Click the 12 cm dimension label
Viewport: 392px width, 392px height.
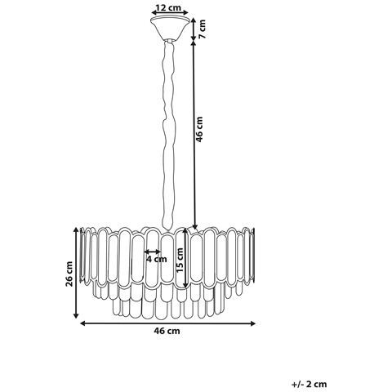pyautogui.click(x=169, y=8)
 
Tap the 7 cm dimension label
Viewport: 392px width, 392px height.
pyautogui.click(x=202, y=29)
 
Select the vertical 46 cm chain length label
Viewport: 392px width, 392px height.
pyautogui.click(x=199, y=129)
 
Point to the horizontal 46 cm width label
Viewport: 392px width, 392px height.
pyautogui.click(x=167, y=331)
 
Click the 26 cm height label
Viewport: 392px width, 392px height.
pyautogui.click(x=69, y=274)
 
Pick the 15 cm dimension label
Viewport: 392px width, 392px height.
pyautogui.click(x=180, y=261)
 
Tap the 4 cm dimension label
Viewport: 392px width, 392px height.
pyautogui.click(x=157, y=259)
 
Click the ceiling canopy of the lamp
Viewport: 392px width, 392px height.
pyautogui.click(x=170, y=29)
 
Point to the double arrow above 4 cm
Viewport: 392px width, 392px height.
pyautogui.click(x=153, y=252)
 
